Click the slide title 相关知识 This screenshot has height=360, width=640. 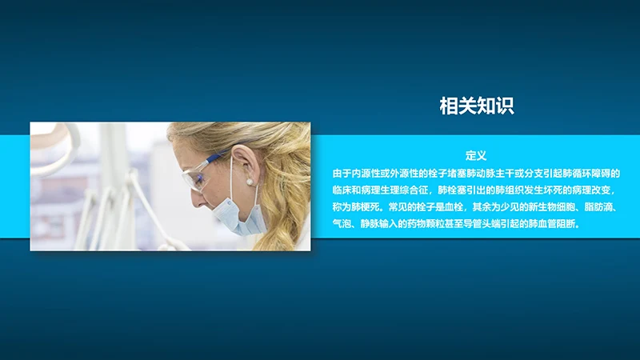pyautogui.click(x=476, y=105)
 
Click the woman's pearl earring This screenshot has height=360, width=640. pyautogui.click(x=250, y=182)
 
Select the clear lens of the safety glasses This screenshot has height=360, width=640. pyautogui.click(x=198, y=178)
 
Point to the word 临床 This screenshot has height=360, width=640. pyautogui.click(x=342, y=190)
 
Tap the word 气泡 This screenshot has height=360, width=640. pyautogui.click(x=342, y=225)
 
